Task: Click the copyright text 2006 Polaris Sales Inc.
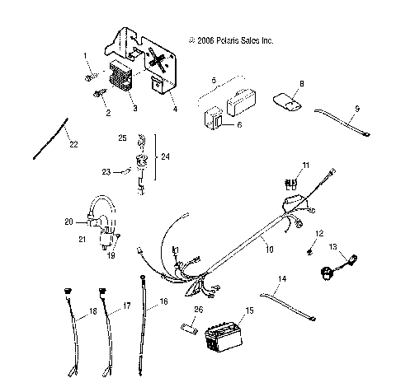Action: tap(230, 40)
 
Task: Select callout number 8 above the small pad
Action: tap(301, 83)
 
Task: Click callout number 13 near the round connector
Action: tap(333, 247)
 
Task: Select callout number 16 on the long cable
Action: tap(163, 303)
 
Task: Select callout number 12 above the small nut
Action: tap(321, 233)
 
